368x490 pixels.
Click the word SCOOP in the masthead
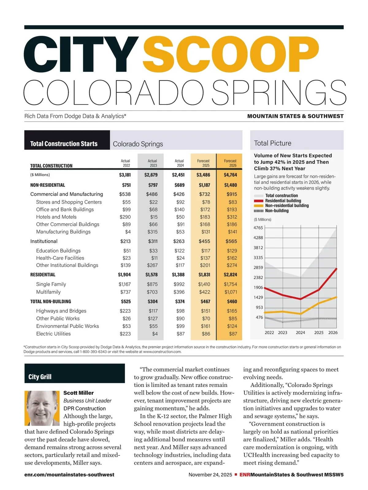click(x=231, y=55)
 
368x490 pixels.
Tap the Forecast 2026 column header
click(x=230, y=163)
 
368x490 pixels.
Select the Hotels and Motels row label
click(x=56, y=217)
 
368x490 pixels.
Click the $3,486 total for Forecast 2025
click(x=203, y=175)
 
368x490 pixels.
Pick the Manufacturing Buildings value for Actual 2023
click(x=152, y=232)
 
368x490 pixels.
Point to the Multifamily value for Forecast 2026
click(x=231, y=292)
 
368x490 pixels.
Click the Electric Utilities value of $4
click(x=155, y=334)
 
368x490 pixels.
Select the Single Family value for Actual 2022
click(x=125, y=284)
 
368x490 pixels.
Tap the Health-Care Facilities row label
click(x=60, y=258)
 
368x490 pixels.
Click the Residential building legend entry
click(x=283, y=201)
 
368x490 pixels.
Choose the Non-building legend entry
click(x=277, y=211)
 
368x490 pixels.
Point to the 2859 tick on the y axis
click(x=258, y=268)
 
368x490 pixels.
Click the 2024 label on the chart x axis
click(x=300, y=333)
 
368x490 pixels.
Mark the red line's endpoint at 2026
click(x=337, y=269)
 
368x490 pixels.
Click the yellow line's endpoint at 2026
click(x=337, y=297)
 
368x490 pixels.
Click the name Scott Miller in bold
click(x=79, y=393)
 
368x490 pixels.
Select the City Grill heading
click(x=40, y=377)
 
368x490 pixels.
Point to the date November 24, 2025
click(x=210, y=475)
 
